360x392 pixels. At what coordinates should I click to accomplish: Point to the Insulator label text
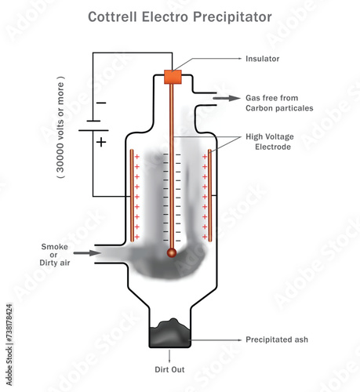click(x=262, y=57)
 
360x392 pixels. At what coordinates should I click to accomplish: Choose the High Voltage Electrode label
click(x=271, y=140)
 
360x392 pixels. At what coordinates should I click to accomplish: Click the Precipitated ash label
click(x=275, y=339)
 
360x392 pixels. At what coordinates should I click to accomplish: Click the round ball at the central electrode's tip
click(x=171, y=252)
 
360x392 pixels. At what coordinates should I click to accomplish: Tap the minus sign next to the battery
click(x=100, y=103)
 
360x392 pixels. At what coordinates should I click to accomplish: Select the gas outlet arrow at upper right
click(x=231, y=98)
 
